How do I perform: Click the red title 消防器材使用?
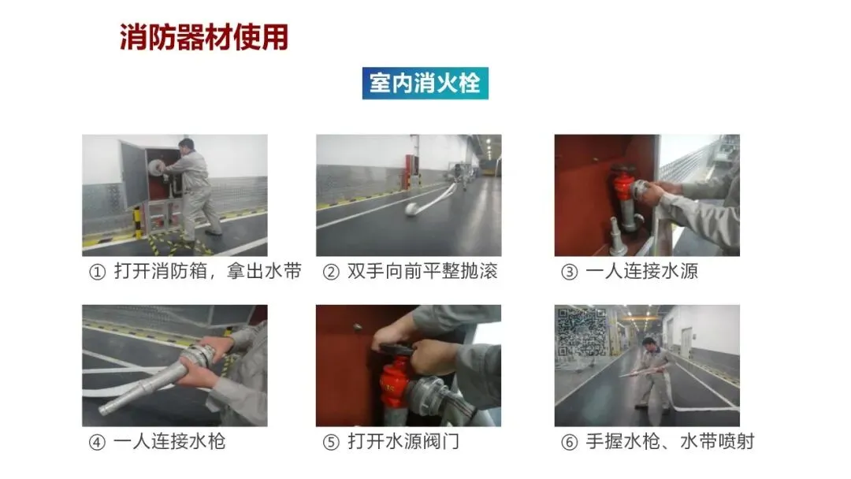pyautogui.click(x=204, y=37)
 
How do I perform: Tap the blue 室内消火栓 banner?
pyautogui.click(x=425, y=83)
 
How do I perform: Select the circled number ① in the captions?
pyautogui.click(x=97, y=272)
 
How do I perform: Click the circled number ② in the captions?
pyautogui.click(x=330, y=272)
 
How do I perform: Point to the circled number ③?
pyautogui.click(x=570, y=272)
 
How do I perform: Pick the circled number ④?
pyautogui.click(x=97, y=442)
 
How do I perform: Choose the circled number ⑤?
pyautogui.click(x=331, y=442)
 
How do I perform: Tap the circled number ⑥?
pyautogui.click(x=570, y=442)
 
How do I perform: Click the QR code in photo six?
pyautogui.click(x=582, y=332)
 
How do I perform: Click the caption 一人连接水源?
pyautogui.click(x=641, y=271)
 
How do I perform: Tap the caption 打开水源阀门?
pyautogui.click(x=403, y=441)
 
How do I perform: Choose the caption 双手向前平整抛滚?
pyautogui.click(x=422, y=271)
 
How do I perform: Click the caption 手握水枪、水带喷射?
pyautogui.click(x=671, y=441)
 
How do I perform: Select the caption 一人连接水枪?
pyautogui.click(x=169, y=441)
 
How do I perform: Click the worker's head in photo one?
pyautogui.click(x=186, y=145)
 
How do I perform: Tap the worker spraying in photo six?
pyautogui.click(x=653, y=374)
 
